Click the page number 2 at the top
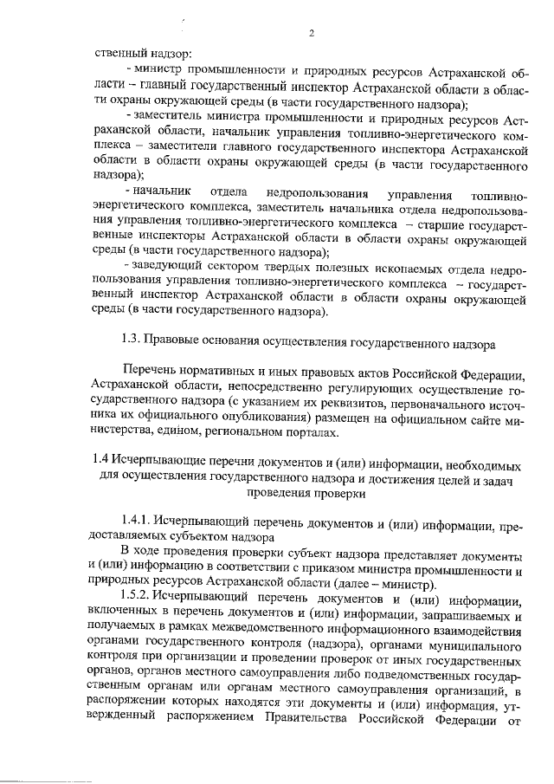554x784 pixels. click(x=310, y=33)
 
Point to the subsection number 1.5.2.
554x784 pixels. click(x=138, y=598)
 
